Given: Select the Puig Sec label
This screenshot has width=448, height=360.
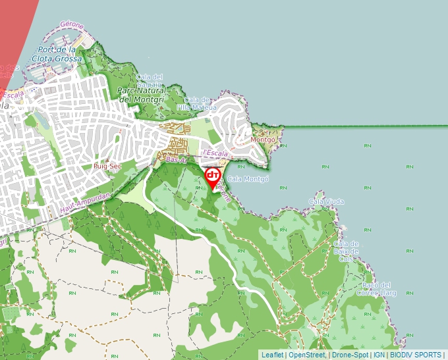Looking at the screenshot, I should [107, 167].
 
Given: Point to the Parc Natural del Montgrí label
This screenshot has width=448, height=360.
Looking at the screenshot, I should [144, 95].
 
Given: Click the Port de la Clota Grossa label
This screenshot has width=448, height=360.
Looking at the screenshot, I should [59, 54].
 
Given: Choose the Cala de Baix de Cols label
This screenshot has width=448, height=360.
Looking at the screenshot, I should [345, 251].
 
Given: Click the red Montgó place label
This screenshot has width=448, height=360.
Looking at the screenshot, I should [262, 140].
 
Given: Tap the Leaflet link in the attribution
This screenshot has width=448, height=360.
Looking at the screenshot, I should [272, 355].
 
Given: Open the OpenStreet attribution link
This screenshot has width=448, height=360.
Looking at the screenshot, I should [307, 355].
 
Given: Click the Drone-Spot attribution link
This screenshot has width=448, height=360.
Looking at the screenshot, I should [350, 355].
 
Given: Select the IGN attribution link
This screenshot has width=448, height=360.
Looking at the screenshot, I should [379, 355].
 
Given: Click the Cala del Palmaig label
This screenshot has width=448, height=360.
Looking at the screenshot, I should [150, 80].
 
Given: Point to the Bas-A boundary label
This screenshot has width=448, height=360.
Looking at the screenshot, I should [175, 160].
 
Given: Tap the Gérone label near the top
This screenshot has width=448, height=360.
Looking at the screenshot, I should [71, 25].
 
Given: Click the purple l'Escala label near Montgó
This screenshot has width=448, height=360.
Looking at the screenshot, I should [215, 153].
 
